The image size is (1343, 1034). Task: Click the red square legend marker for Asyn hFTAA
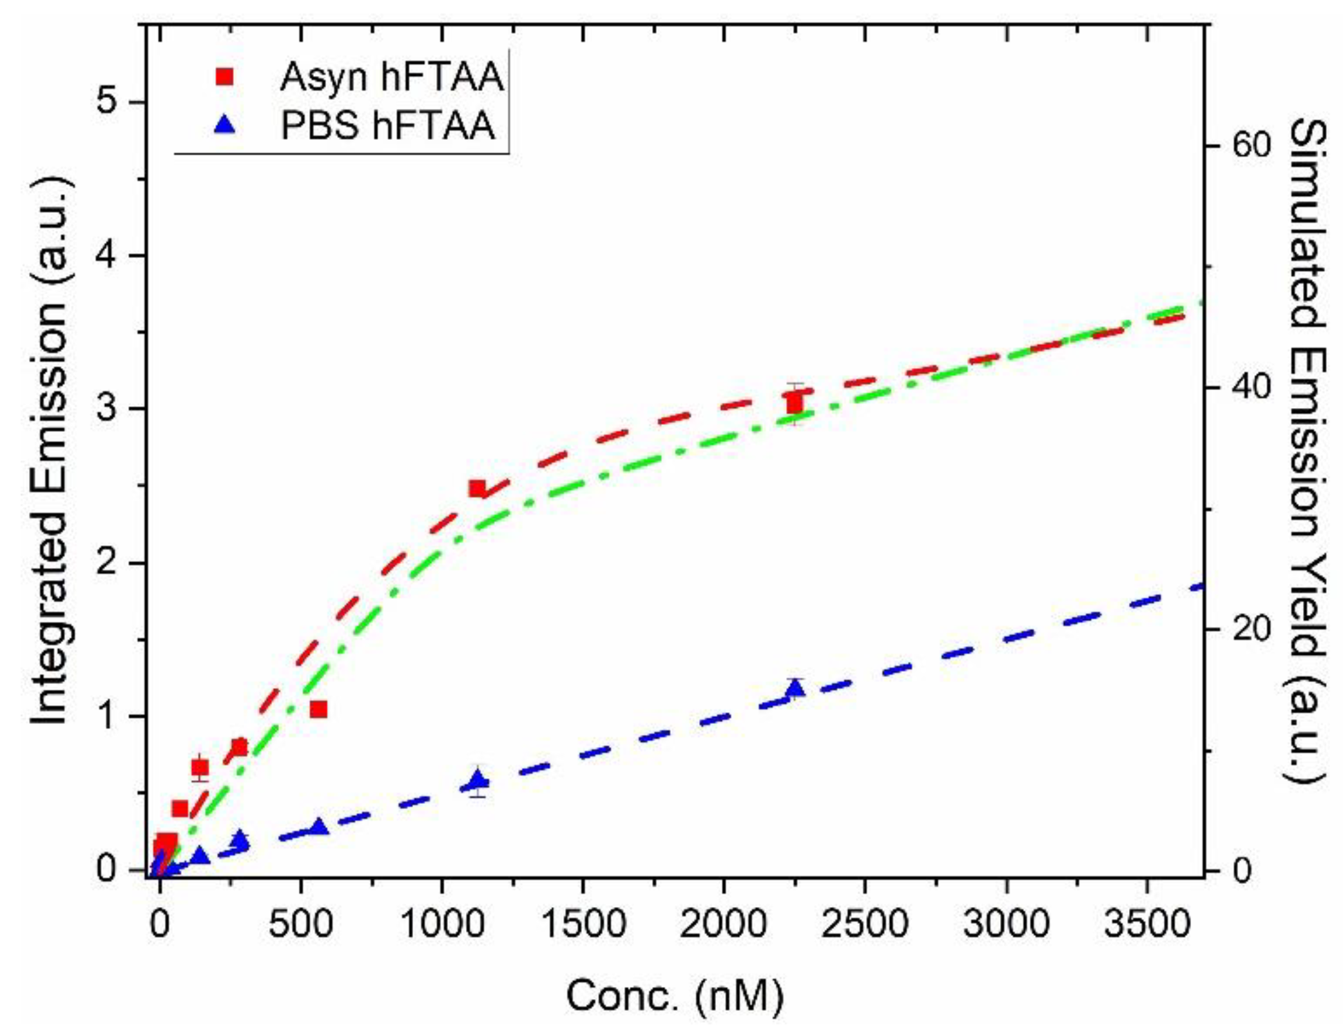225,77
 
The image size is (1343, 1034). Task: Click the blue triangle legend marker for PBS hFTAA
225,126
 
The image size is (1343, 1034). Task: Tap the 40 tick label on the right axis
1251,387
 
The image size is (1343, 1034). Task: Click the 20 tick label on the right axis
1251,629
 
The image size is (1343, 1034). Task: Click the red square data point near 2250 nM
795,404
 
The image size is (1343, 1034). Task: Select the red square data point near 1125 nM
477,488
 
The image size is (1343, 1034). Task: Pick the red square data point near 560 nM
318,709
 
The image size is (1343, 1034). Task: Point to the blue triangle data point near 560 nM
318,827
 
